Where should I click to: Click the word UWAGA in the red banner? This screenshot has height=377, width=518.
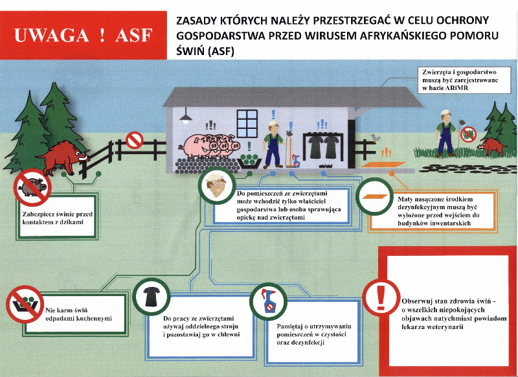tap(52, 36)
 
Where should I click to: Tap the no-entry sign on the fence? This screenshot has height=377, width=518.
tap(135, 140)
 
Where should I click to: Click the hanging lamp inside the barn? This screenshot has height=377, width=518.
tap(186, 117)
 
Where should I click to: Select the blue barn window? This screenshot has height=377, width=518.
tap(247, 123)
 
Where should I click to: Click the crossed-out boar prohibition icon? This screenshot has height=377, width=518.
tap(32, 187)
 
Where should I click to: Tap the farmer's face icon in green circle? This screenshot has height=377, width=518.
tap(216, 185)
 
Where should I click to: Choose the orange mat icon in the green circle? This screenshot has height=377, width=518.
tap(374, 196)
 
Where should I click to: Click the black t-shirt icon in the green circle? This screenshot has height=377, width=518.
tap(152, 297)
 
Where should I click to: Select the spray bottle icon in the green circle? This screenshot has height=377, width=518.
tap(268, 301)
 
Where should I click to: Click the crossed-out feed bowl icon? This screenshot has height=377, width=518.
tap(25, 304)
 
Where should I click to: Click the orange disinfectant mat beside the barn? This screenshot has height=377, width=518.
tap(383, 165)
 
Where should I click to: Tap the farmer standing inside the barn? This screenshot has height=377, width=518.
tap(273, 144)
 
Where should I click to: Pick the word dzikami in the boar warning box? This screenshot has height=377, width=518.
tap(70, 222)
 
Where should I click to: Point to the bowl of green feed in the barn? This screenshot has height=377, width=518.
tap(249, 160)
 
